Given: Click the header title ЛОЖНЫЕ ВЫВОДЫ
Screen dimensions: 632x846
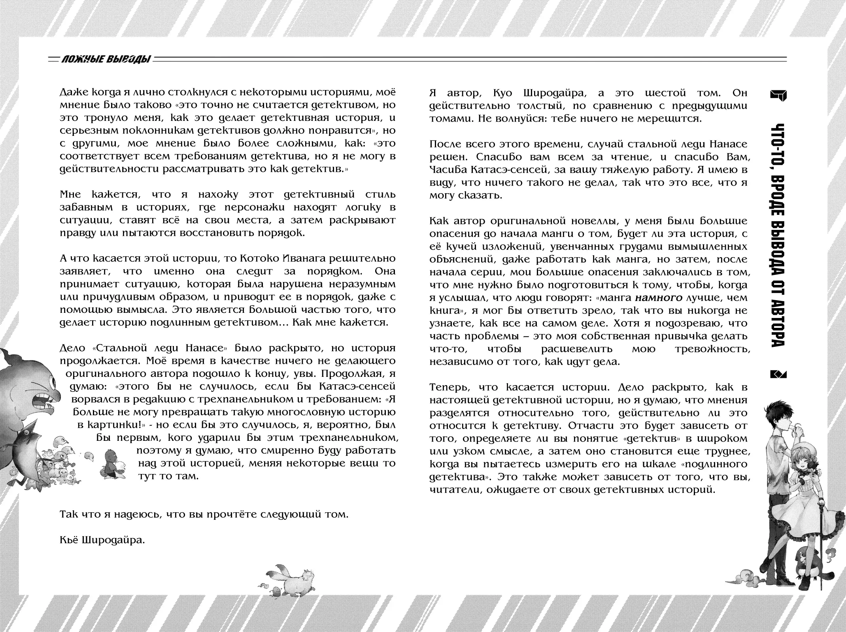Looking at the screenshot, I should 106,60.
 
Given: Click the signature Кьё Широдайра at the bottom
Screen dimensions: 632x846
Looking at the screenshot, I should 102,539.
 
